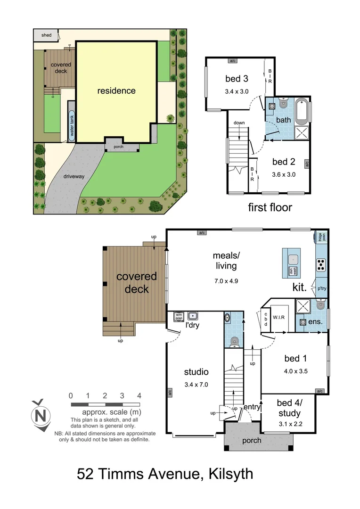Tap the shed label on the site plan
[x=46, y=35]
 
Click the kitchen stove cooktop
[x=321, y=265]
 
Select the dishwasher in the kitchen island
[x=292, y=271]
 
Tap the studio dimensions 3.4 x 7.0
[x=196, y=384]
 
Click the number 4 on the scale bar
[x=139, y=395]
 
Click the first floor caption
[x=270, y=207]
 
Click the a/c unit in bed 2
[x=307, y=164]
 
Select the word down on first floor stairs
[x=239, y=123]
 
